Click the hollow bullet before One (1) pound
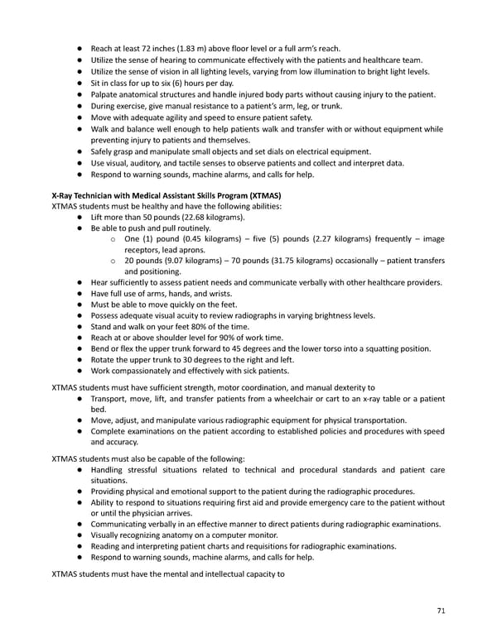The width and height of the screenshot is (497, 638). (112, 239)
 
